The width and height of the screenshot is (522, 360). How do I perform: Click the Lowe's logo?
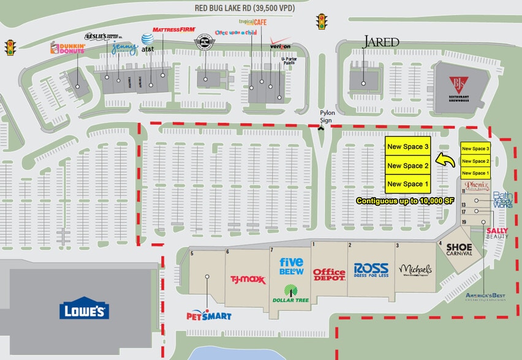pos(84,310)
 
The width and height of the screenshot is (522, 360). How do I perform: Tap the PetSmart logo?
pos(209,315)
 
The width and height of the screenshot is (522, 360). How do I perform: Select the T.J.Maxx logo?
pos(248,280)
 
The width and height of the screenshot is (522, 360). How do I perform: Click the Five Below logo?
pos(292,266)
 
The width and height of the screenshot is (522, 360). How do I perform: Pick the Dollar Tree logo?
pos(291,293)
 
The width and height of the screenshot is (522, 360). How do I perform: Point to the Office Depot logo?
pos(329,274)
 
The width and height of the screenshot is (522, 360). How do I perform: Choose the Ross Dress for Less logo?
pos(371,271)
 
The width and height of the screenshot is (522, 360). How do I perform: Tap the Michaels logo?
pos(415,270)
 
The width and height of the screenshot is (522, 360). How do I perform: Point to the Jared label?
pos(381,42)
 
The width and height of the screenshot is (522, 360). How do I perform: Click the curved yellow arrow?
pos(445,160)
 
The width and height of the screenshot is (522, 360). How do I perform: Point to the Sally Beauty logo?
pos(497,233)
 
